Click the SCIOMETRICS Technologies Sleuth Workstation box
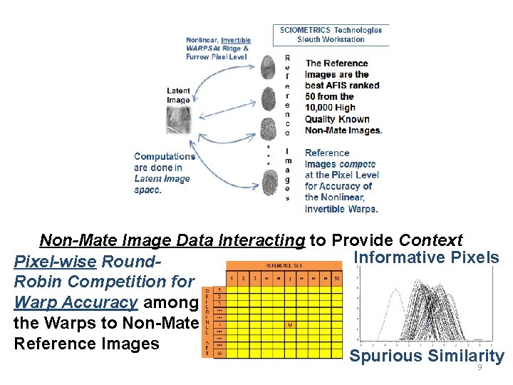[x=331, y=34]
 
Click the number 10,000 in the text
[x=320, y=108]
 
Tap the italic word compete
[x=358, y=164]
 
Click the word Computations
[x=165, y=156]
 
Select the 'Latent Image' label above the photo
[x=178, y=96]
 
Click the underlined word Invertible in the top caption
[x=235, y=40]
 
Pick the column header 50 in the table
[x=336, y=278]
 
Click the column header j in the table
[x=289, y=278]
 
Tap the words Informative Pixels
[x=426, y=257]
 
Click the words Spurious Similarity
[x=426, y=356]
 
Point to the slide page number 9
[x=480, y=367]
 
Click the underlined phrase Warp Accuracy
[x=76, y=302]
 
